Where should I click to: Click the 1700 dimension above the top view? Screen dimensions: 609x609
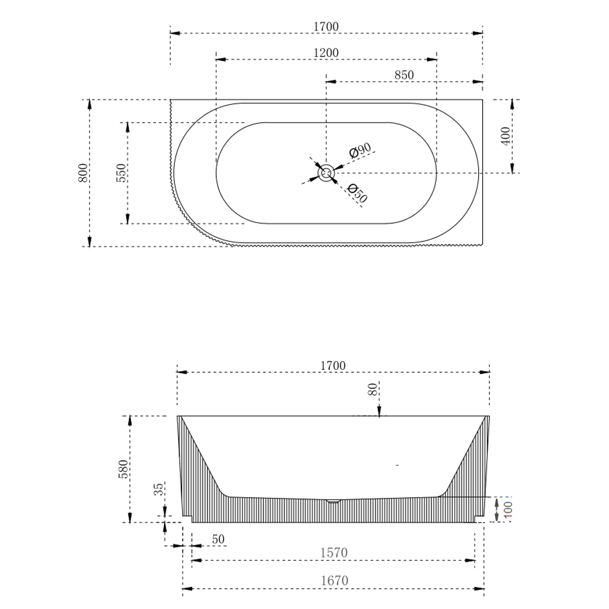326,27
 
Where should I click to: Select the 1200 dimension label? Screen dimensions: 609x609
326,52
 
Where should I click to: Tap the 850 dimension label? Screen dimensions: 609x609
404,75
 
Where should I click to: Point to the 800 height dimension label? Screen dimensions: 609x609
83,172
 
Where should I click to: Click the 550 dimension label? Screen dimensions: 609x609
121,173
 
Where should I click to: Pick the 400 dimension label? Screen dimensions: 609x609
505,136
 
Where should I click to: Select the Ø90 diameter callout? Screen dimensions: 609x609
359,151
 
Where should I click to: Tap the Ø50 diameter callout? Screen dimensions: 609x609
358,193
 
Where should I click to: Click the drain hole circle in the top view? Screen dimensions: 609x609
326,173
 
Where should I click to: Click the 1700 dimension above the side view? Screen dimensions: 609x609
333,365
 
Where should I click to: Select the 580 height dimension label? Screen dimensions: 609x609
123,469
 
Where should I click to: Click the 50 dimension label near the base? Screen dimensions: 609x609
218,539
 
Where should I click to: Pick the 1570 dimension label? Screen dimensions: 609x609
334,553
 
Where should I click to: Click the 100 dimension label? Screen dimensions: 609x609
507,509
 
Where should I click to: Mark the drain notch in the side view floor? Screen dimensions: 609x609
334,500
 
